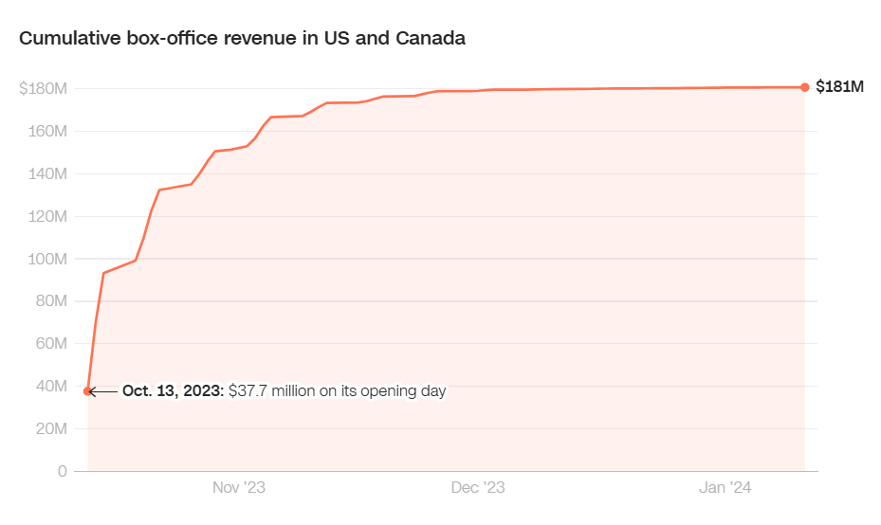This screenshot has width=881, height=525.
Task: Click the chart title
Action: [242, 39]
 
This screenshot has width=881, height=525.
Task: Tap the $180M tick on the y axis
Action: [43, 89]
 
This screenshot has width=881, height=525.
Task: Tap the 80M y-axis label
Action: [49, 301]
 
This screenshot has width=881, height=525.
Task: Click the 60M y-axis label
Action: [49, 344]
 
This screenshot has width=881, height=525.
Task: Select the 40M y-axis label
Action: [49, 387]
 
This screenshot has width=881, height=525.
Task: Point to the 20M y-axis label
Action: [49, 428]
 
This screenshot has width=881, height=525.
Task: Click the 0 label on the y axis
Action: [62, 471]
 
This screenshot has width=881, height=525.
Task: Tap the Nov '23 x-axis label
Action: [238, 488]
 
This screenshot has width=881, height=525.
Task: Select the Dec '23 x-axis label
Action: [478, 488]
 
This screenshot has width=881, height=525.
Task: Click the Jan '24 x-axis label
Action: [725, 488]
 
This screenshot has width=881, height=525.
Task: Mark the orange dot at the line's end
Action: [805, 87]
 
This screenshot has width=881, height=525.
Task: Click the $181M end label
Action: [840, 87]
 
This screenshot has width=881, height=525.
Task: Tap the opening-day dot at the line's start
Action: [88, 390]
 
